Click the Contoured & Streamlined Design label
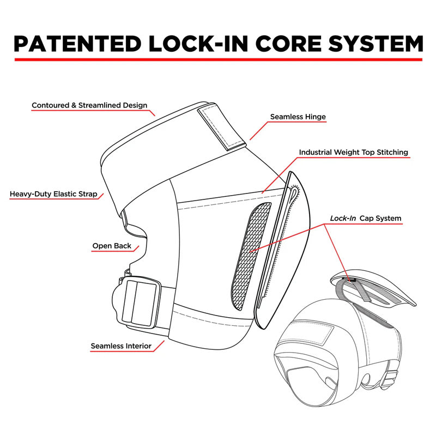coord(89,105)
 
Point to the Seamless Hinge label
coord(298,117)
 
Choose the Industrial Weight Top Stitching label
coord(353,153)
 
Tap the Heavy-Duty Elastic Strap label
coord(53,193)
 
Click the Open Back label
coord(112,246)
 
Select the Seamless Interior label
coord(121,346)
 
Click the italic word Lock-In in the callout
coord(343,219)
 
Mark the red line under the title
coord(218,59)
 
